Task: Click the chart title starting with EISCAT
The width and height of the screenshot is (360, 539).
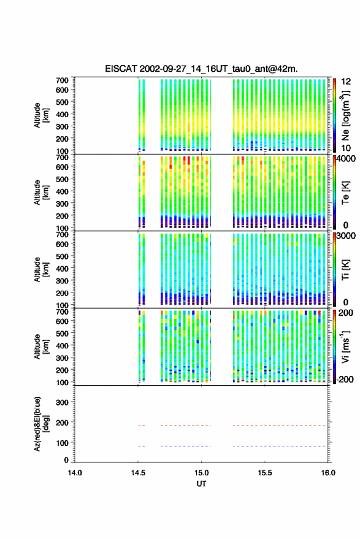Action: (201, 69)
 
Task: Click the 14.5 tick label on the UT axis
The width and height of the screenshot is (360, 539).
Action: (138, 473)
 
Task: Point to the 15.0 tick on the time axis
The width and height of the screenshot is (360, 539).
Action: (202, 473)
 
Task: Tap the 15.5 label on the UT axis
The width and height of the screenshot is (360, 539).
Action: (265, 473)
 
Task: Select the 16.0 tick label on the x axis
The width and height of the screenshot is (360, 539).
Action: (328, 473)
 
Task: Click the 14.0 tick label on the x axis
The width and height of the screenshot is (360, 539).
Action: (75, 473)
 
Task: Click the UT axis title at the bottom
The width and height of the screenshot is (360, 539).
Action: (201, 484)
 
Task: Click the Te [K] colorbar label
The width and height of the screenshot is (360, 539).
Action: (345, 193)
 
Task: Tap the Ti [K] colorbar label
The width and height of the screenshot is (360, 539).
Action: (345, 270)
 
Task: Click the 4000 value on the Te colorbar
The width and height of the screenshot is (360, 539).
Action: (347, 158)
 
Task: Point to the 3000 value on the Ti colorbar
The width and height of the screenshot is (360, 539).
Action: (347, 235)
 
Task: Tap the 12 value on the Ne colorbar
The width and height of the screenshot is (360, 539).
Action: (346, 82)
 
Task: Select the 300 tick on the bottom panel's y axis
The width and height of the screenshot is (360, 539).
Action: (62, 402)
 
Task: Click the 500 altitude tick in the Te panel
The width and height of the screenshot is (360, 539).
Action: (62, 179)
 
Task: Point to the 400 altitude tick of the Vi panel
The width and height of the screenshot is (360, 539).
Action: (62, 345)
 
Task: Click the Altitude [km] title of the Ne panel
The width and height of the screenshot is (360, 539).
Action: (42, 115)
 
